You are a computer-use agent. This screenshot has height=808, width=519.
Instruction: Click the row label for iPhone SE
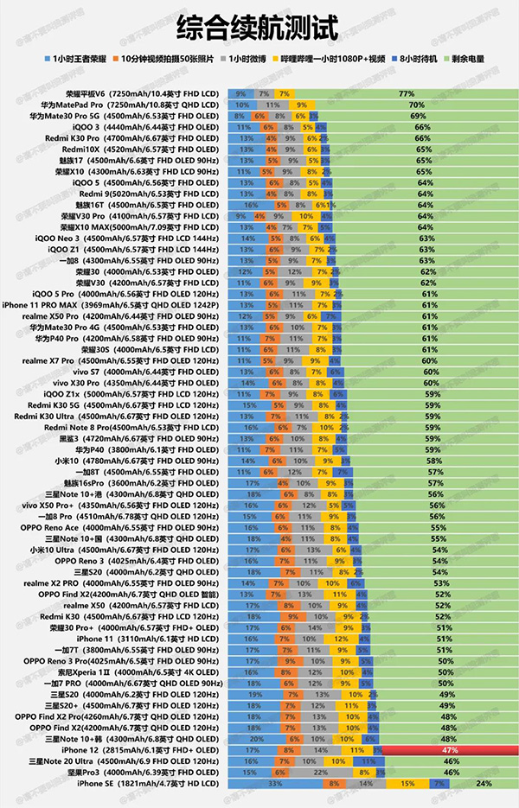coord(148,784)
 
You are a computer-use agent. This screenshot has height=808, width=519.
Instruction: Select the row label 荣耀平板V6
coord(142,92)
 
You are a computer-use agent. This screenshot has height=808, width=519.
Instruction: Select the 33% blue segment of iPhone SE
coord(276,784)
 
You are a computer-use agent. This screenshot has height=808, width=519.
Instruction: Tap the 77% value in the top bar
coord(405,92)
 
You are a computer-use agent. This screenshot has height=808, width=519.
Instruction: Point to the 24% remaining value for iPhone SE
coord(483,784)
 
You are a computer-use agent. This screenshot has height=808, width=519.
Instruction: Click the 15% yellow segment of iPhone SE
coord(405,784)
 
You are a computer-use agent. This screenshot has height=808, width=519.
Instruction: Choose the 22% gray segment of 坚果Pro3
coord(318,773)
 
